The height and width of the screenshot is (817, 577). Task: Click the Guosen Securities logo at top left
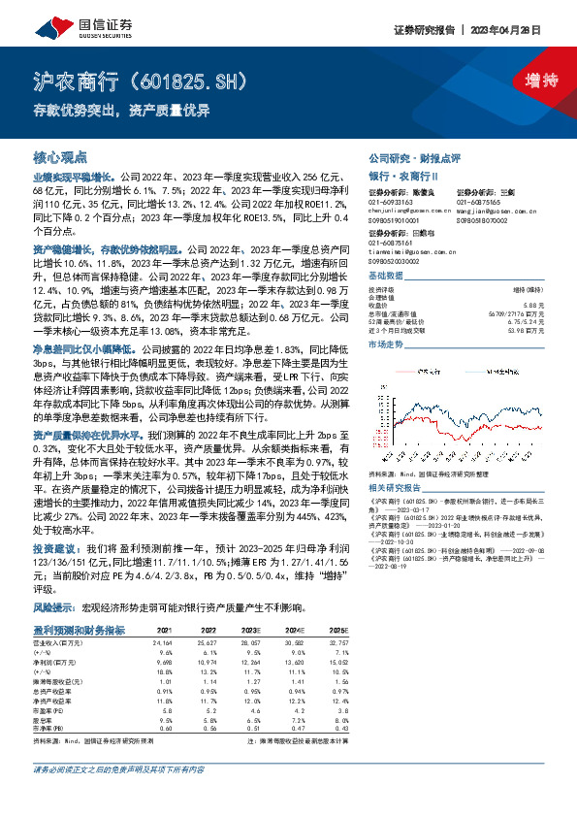click(x=69, y=18)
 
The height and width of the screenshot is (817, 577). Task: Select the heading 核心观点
click(x=59, y=155)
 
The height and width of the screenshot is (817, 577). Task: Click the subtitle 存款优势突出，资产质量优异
click(x=121, y=109)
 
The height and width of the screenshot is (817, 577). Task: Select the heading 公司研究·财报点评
click(x=413, y=156)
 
